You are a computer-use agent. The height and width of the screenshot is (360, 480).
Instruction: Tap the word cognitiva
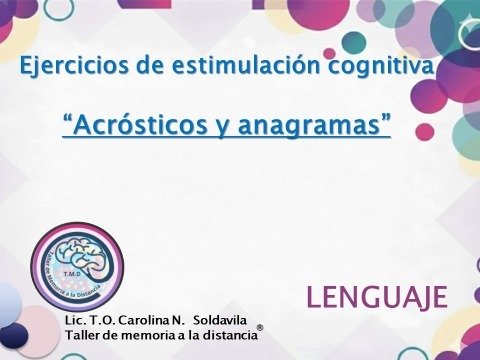385,69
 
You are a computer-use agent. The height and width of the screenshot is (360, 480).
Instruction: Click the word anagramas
318,126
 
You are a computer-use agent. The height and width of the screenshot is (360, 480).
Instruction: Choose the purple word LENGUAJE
376,297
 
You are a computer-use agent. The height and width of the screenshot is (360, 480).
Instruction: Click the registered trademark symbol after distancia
260,328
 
